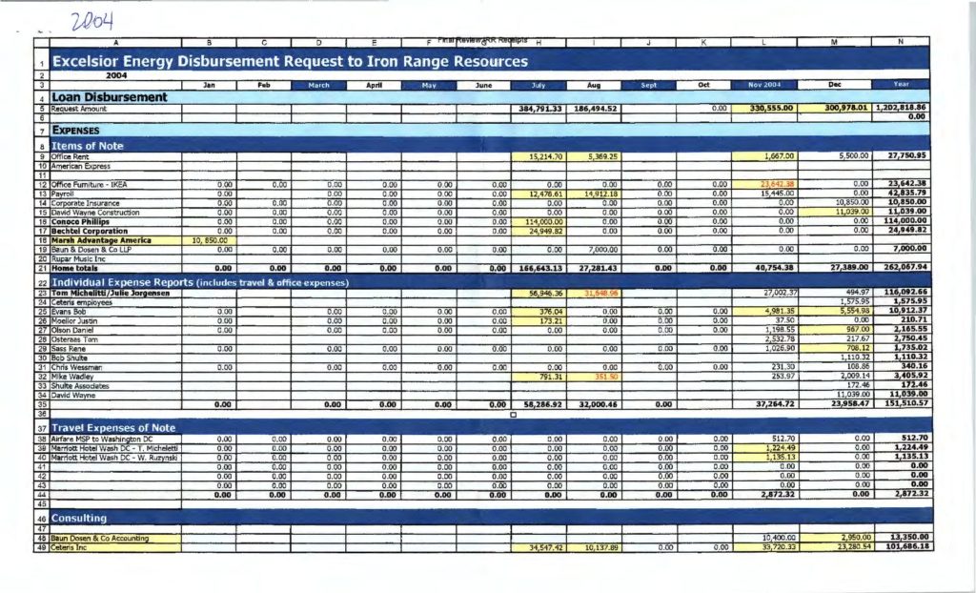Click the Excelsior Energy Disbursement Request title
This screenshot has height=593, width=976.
pos(289,62)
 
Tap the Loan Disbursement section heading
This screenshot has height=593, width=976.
pos(110,96)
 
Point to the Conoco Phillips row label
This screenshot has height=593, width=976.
pos(85,222)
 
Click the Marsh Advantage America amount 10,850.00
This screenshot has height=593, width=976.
pos(209,240)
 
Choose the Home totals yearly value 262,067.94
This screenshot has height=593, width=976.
pos(902,268)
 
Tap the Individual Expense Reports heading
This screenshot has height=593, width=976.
pos(200,282)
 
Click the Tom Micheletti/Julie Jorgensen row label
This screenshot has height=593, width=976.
pos(111,293)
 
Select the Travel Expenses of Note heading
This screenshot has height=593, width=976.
pos(113,428)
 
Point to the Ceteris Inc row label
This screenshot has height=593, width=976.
pos(71,547)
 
